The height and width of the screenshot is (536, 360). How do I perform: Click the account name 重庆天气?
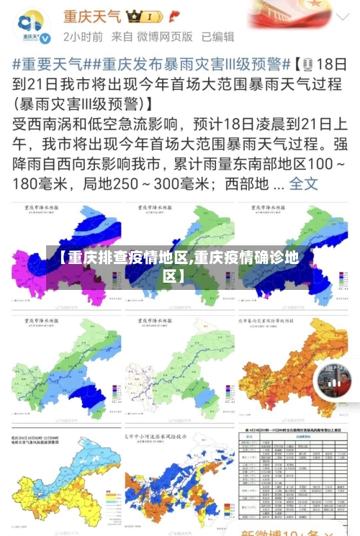92,15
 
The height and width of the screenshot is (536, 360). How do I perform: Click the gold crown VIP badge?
144,16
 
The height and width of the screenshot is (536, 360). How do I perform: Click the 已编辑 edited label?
217,36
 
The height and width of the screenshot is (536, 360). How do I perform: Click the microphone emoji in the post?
309,63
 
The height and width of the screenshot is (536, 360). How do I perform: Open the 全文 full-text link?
303,183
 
